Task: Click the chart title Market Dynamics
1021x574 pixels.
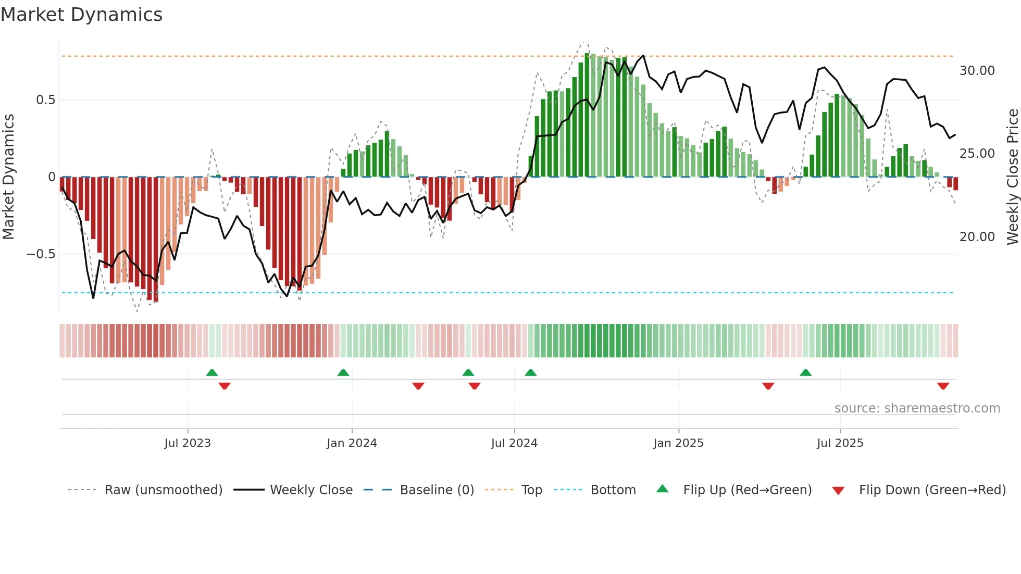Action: pyautogui.click(x=81, y=15)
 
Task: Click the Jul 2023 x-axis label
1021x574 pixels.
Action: pyautogui.click(x=188, y=443)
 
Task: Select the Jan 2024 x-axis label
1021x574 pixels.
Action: pyautogui.click(x=352, y=443)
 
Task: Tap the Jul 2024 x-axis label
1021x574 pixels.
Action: pyautogui.click(x=514, y=443)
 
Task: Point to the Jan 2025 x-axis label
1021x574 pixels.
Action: pyautogui.click(x=678, y=443)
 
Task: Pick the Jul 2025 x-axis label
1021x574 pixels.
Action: pyautogui.click(x=840, y=443)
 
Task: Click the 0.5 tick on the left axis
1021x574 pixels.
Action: pyautogui.click(x=45, y=100)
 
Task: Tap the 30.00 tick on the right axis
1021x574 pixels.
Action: pyautogui.click(x=977, y=71)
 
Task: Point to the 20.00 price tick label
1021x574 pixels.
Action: pyautogui.click(x=977, y=237)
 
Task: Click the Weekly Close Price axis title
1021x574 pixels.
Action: pyautogui.click(x=1012, y=177)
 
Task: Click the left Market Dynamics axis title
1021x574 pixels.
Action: pyautogui.click(x=8, y=177)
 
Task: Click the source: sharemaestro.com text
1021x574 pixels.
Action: pyautogui.click(x=917, y=408)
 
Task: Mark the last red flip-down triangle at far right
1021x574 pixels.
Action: pyautogui.click(x=943, y=386)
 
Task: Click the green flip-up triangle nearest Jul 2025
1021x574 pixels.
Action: pyautogui.click(x=805, y=372)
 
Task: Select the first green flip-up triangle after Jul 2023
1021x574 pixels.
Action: pyautogui.click(x=211, y=372)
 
